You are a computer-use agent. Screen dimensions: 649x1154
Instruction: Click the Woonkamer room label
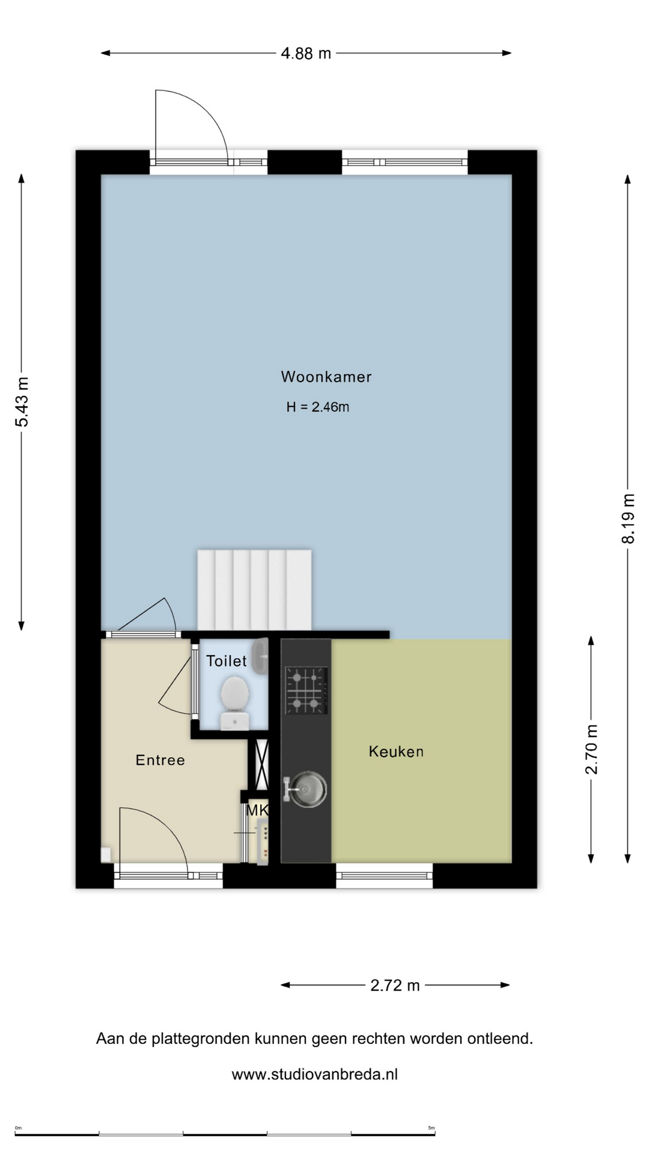click(326, 377)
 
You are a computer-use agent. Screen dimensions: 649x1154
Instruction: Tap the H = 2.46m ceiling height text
click(317, 407)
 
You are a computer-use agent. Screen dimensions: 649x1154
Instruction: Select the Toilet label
click(227, 661)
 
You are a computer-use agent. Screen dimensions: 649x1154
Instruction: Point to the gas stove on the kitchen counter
click(306, 690)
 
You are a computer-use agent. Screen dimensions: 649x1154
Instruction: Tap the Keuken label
click(396, 751)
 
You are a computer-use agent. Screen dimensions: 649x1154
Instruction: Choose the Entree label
click(160, 760)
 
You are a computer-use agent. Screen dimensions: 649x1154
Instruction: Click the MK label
click(257, 810)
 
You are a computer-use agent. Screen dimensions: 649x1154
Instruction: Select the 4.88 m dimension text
click(306, 53)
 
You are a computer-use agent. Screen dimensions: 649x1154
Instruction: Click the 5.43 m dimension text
click(22, 401)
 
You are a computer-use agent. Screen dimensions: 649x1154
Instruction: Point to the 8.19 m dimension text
click(628, 518)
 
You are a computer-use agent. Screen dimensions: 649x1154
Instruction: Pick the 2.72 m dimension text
click(395, 985)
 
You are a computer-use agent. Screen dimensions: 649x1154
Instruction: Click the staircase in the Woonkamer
click(254, 589)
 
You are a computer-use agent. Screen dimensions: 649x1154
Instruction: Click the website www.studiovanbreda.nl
click(314, 1074)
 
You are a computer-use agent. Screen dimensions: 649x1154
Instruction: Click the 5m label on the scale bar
click(431, 1128)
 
